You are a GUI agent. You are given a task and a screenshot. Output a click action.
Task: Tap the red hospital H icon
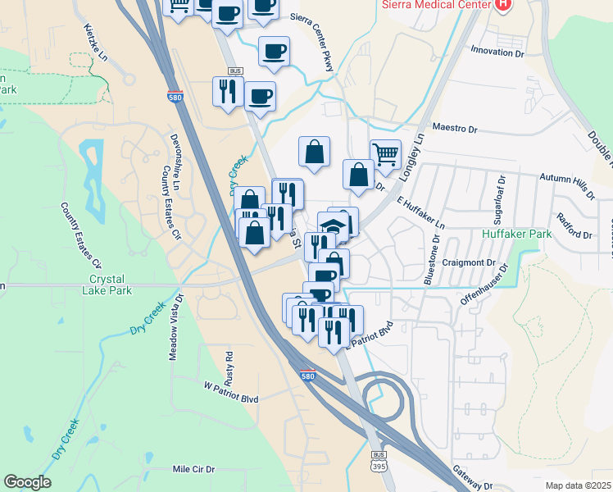coord(503,4)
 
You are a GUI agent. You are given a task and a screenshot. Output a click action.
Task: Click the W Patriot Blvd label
coord(231,384)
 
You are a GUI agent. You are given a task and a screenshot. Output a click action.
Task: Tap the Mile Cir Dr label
coord(193,469)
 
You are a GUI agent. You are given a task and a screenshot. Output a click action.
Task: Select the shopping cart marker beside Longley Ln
coord(385,153)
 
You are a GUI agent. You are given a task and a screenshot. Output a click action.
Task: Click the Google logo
coord(27,482)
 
